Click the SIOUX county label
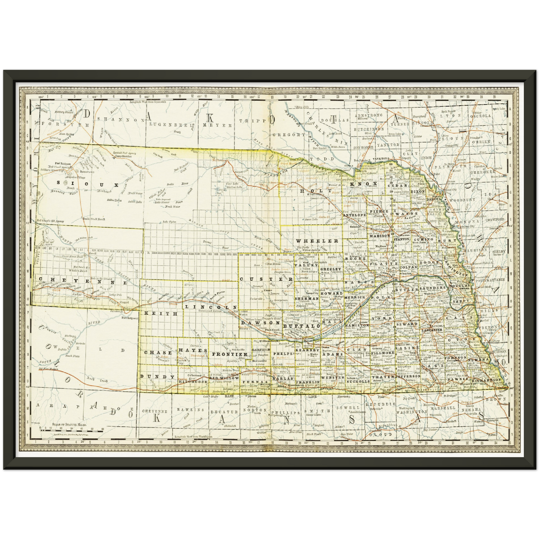click(91, 184)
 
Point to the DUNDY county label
click(157, 377)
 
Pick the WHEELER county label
click(317, 241)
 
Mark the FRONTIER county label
click(230, 354)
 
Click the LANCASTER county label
click(432, 330)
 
